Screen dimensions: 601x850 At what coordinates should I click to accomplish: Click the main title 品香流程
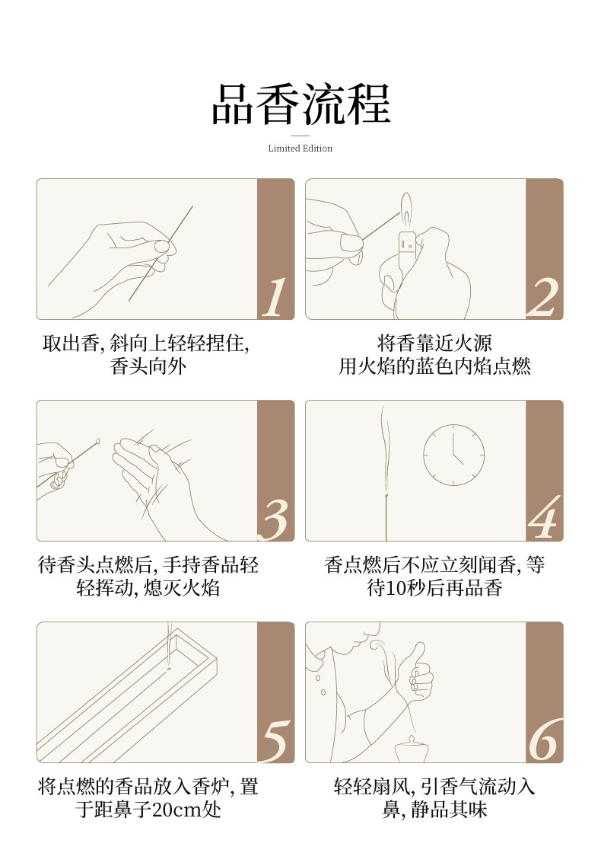tap(300, 104)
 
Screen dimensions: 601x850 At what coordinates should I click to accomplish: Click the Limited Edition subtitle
tap(300, 148)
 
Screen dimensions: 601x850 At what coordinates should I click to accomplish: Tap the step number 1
tap(275, 297)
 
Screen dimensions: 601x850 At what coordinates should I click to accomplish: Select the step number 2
tap(542, 297)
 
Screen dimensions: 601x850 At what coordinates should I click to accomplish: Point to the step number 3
tap(275, 519)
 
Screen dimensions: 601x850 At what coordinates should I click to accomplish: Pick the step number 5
tap(276, 742)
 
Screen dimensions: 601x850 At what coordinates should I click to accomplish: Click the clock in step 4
tap(453, 455)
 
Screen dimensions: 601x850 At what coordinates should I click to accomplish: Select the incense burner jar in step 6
tap(412, 749)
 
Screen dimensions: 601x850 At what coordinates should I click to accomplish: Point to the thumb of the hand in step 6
tap(418, 655)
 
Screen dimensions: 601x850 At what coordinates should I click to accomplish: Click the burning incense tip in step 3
tap(97, 441)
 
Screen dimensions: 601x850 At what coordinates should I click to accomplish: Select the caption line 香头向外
tap(148, 366)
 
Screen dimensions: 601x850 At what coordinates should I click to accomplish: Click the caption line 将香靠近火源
tap(435, 344)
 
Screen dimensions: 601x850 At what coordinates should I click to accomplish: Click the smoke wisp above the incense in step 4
tap(386, 450)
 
